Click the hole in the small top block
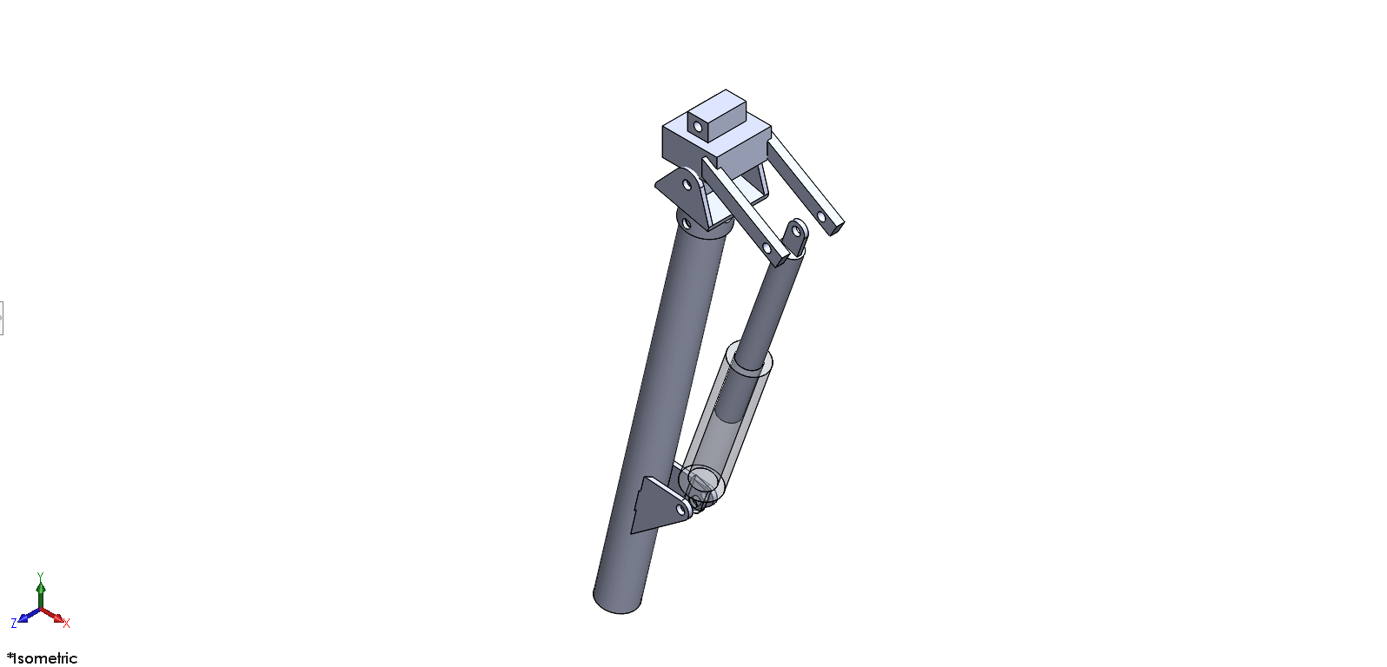(698, 128)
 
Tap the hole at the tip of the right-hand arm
(821, 217)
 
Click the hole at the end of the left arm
(767, 248)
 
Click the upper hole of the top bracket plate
(686, 184)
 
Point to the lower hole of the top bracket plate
(686, 222)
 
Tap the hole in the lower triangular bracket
(681, 510)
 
